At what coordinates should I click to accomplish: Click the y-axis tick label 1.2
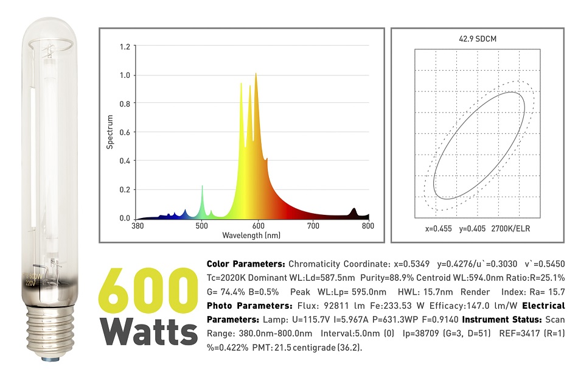pyautogui.click(x=125, y=46)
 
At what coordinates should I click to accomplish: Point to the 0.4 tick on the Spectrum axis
pyautogui.click(x=125, y=161)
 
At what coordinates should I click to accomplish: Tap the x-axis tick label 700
pyautogui.click(x=313, y=226)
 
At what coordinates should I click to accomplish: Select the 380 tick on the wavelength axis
pyautogui.click(x=138, y=226)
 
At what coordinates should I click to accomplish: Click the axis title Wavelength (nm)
pyautogui.click(x=251, y=235)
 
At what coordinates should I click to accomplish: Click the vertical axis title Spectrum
pyautogui.click(x=110, y=132)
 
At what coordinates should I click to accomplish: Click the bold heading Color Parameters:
pyautogui.click(x=246, y=264)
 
